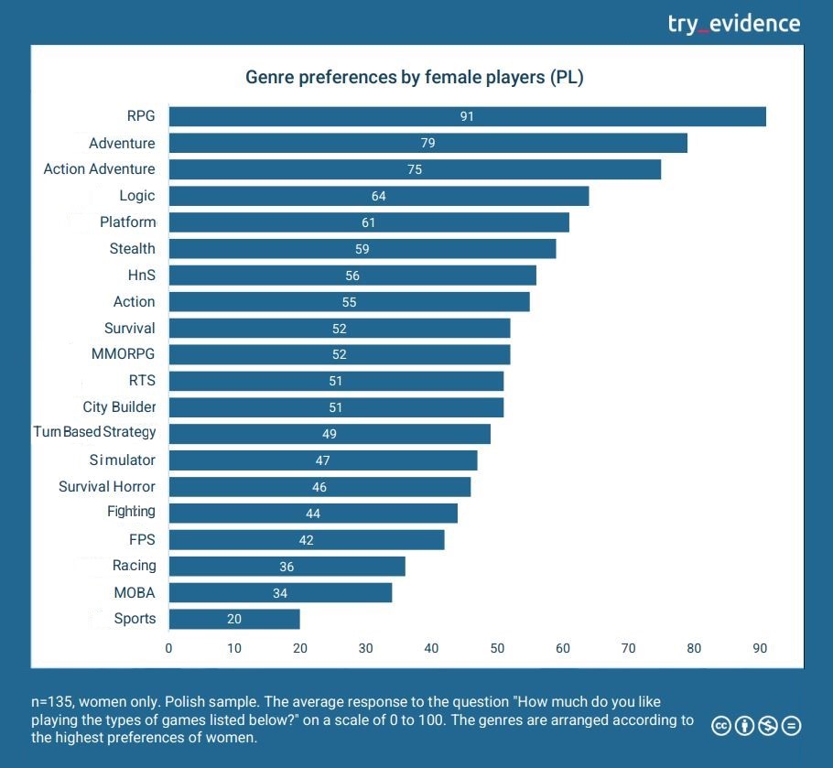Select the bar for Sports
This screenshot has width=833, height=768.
point(234,619)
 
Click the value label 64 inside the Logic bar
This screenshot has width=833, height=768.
point(379,196)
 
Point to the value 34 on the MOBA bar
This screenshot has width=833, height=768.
point(280,593)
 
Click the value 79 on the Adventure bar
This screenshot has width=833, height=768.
point(427,143)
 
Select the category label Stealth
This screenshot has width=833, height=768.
point(133,248)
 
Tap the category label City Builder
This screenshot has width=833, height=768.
point(119,406)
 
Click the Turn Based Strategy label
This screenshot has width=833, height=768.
point(95,432)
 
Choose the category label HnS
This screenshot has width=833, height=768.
point(142,275)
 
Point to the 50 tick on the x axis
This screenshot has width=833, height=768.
point(497,648)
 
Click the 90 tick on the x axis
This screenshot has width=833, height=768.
point(760,648)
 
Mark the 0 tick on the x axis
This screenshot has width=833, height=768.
point(168,648)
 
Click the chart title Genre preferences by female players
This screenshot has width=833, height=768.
point(414,77)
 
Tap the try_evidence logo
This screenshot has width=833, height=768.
point(734,23)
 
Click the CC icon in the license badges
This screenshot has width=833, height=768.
point(721,726)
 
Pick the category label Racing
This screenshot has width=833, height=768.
point(134,566)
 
